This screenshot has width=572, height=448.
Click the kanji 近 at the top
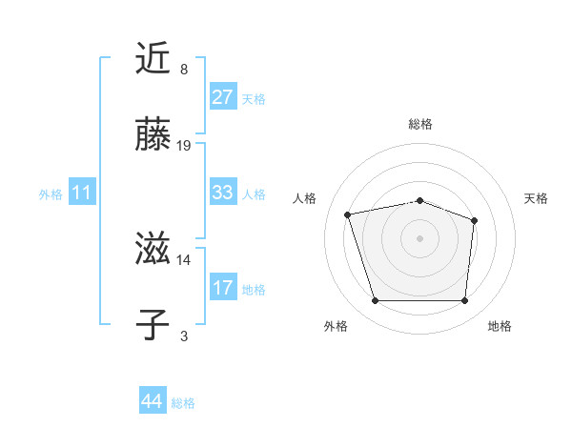(153, 59)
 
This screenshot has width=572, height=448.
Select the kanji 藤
(153, 136)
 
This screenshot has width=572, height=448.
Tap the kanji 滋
(153, 251)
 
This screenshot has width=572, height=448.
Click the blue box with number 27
(222, 97)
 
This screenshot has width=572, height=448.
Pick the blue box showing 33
(222, 193)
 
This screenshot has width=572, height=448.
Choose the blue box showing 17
(222, 288)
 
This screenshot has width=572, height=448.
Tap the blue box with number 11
(82, 193)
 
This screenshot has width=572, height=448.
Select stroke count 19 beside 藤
(184, 146)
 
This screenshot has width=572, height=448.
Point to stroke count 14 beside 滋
(184, 259)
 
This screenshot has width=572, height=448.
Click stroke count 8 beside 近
(184, 69)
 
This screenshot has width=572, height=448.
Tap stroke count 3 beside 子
(184, 336)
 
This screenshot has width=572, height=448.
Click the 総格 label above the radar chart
(420, 124)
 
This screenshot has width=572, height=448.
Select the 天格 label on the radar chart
(537, 198)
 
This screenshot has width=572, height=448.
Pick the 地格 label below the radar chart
(500, 326)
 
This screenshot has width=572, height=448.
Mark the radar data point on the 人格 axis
(348, 214)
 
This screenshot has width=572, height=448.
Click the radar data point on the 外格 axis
(375, 301)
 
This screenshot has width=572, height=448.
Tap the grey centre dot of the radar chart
(419, 238)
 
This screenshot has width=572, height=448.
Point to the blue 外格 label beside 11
(51, 193)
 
